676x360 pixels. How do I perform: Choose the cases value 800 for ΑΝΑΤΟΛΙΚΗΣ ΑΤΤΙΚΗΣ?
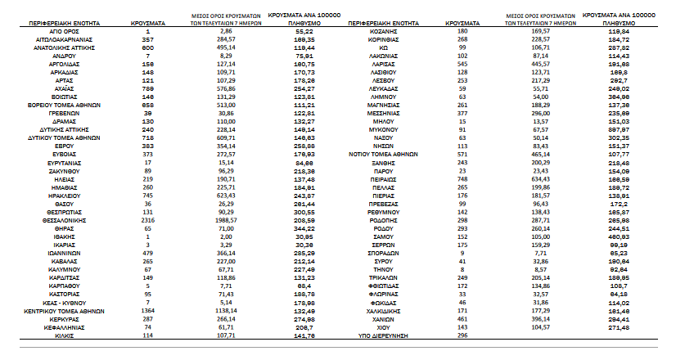point(148,47)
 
